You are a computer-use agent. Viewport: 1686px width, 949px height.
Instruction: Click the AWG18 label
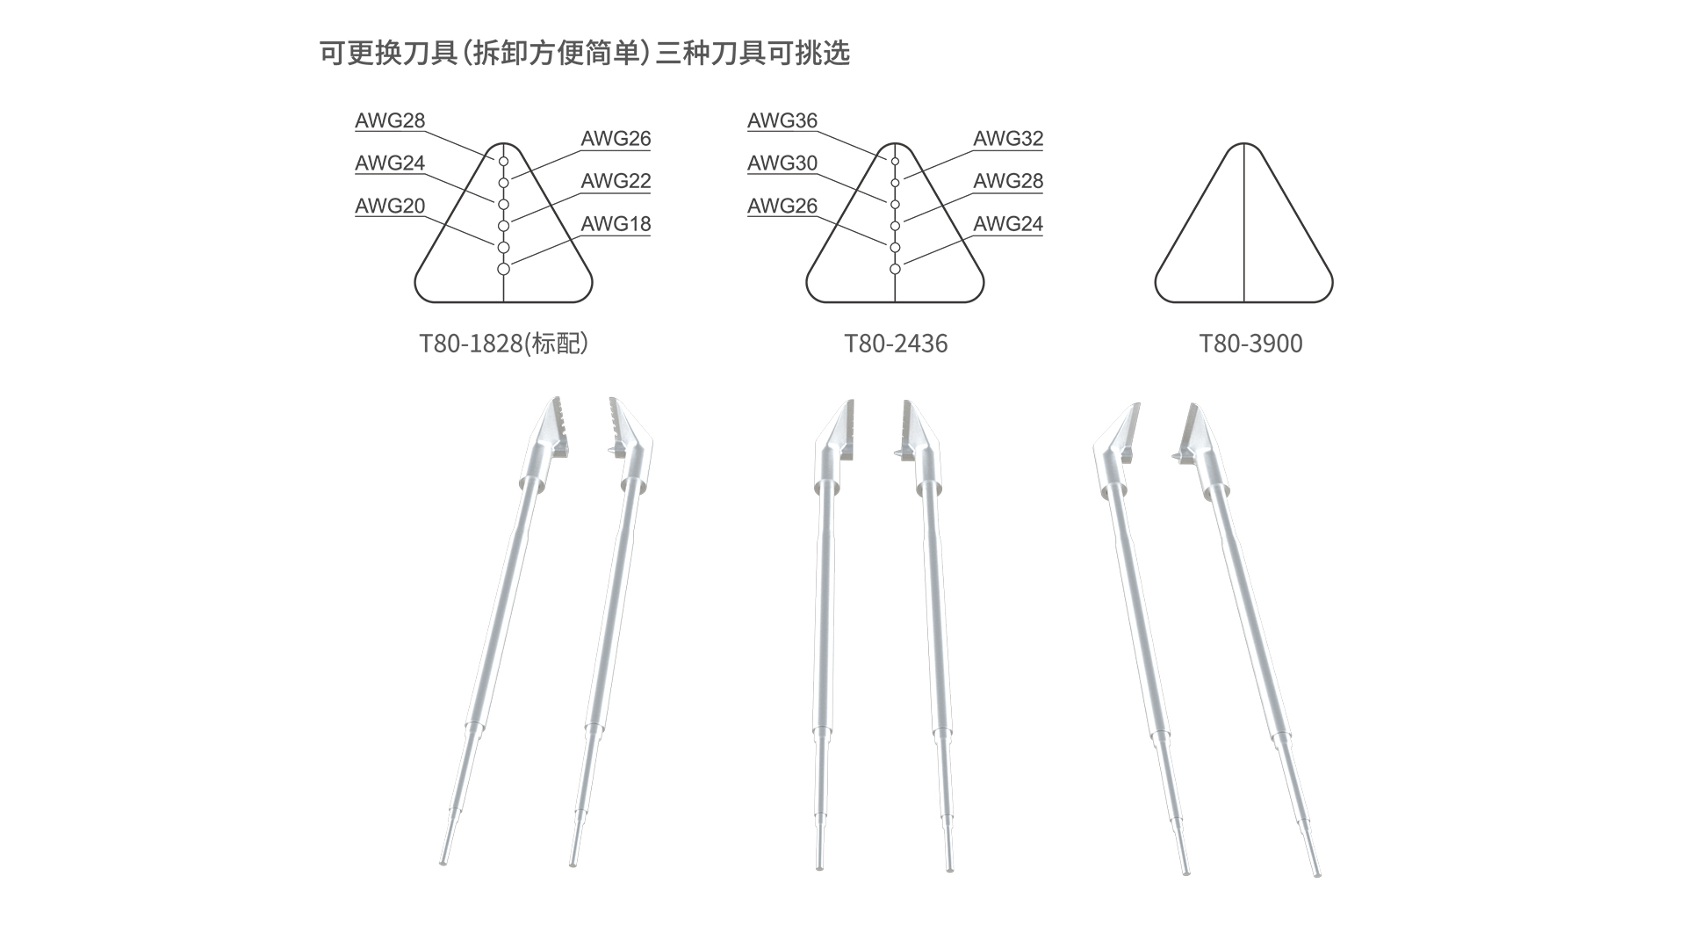616,224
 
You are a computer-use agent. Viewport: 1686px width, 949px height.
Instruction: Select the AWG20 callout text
390,206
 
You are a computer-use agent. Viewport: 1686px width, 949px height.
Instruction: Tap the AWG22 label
616,181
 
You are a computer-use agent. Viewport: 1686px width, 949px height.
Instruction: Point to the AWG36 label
782,121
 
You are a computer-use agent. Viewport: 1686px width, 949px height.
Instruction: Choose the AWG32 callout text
1008,139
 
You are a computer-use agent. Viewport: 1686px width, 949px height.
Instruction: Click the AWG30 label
782,163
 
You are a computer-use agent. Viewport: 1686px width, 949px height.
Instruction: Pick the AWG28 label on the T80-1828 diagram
390,121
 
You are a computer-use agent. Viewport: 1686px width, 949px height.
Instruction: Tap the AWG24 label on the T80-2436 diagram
1008,224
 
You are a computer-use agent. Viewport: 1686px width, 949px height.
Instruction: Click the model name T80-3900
1250,344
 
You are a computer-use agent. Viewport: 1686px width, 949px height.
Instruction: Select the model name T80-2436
896,344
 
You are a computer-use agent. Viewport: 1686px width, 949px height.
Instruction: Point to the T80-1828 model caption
503,344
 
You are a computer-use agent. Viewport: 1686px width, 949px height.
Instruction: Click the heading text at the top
585,54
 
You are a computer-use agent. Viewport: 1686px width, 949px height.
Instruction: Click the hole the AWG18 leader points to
503,269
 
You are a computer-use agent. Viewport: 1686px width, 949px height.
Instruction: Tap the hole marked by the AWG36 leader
895,162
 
